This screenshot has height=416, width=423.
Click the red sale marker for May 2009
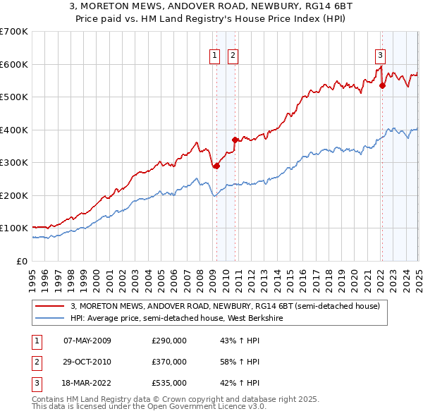tap(216, 166)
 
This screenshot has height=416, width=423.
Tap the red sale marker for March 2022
tap(382, 86)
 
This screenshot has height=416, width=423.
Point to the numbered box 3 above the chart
tap(380, 56)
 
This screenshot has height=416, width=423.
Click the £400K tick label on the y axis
tap(14, 130)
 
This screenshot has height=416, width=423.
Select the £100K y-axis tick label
tap(14, 228)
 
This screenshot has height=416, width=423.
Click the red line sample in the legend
tap(50, 306)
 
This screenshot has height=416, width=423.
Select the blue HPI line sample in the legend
tap(50, 318)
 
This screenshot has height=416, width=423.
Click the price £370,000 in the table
tap(169, 362)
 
